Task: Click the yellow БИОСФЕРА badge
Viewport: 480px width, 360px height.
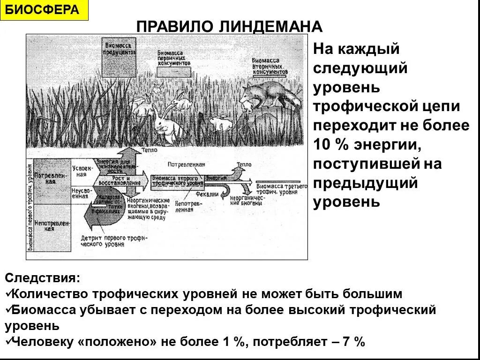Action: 45,10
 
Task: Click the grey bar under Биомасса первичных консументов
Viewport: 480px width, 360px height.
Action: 173,72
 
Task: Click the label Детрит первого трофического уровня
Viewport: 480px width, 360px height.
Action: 113,241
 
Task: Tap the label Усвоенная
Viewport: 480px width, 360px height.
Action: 80,171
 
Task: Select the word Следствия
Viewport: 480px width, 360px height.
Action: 43,278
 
